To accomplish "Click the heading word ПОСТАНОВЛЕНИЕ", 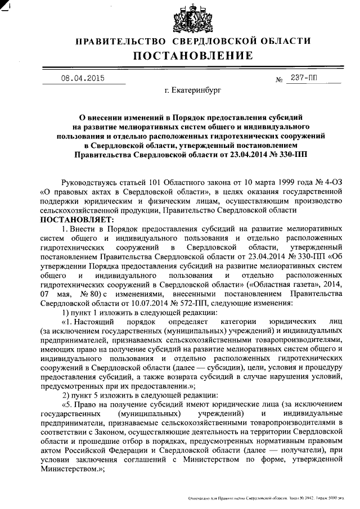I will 193,55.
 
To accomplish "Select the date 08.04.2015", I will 83,78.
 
